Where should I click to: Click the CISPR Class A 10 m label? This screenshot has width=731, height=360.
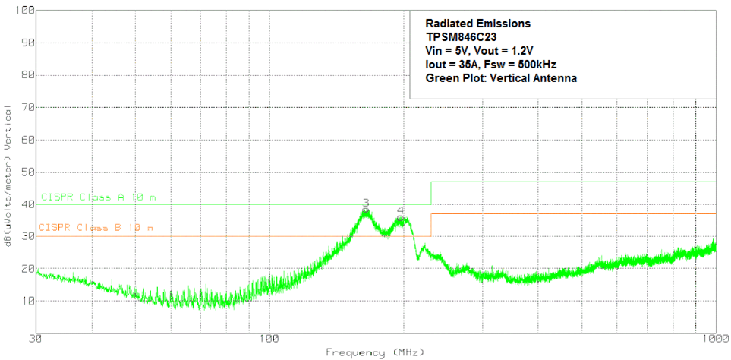[99, 197]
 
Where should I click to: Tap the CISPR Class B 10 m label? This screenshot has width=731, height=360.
[96, 228]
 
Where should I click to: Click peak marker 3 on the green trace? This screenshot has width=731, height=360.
[365, 203]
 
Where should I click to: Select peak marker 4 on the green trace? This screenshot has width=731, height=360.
[400, 210]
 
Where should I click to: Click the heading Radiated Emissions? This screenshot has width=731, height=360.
[477, 24]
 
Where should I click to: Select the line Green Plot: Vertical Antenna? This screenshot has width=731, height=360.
[502, 77]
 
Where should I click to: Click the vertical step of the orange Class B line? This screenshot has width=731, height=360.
[431, 225]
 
